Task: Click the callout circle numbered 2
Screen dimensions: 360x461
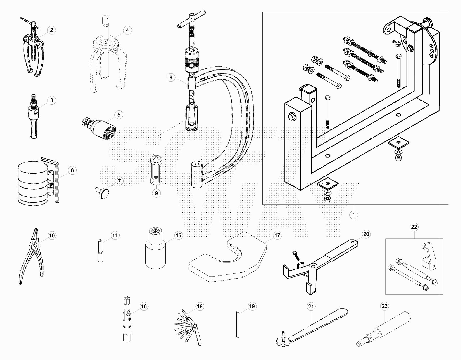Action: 51,30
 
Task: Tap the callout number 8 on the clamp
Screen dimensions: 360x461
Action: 171,77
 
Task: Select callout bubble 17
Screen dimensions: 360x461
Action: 277,235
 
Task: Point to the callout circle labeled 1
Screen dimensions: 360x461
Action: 353,215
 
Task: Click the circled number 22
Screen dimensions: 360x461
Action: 414,227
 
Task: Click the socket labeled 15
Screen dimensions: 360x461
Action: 155,250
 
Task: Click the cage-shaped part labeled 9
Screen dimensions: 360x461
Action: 156,170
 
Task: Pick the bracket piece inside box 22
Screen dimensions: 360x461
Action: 428,257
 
